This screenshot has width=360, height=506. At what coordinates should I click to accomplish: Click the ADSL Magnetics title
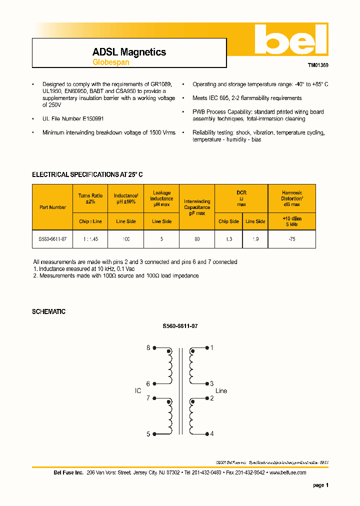point(129,52)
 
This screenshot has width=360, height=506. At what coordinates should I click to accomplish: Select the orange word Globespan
point(110,62)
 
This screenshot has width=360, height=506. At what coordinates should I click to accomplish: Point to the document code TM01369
point(317,65)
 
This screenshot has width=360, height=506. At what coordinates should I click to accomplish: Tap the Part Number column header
point(52,207)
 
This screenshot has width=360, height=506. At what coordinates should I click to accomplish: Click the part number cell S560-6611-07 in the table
point(52,239)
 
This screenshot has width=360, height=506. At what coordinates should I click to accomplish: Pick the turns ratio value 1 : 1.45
point(90,239)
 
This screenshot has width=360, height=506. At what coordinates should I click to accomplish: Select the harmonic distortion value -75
point(292,239)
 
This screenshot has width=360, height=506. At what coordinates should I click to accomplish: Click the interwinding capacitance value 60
point(197,239)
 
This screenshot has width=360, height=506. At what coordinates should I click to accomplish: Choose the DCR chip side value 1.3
point(229,239)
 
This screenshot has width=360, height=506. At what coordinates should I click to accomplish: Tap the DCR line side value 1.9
point(255,239)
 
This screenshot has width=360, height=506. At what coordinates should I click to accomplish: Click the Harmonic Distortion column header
point(292,198)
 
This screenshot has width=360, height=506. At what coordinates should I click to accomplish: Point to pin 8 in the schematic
point(148,347)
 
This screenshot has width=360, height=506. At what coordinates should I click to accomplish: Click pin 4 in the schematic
point(212,433)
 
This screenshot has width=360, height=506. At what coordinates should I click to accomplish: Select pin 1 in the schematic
point(212,347)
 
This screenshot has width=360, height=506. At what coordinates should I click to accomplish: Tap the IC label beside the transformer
point(138,391)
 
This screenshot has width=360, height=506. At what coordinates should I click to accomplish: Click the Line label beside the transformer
point(221,391)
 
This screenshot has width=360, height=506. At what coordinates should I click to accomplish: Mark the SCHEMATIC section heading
point(48,311)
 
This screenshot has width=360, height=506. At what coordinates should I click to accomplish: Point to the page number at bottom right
point(320,485)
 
